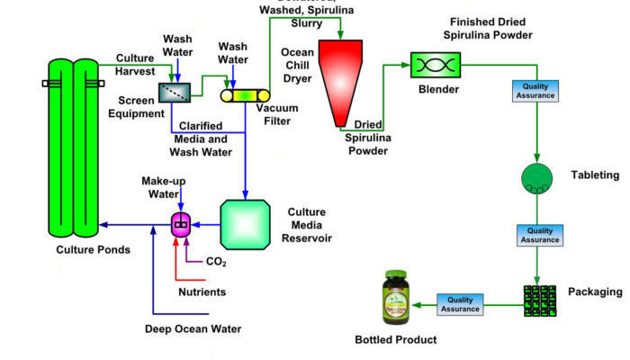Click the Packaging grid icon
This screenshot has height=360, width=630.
pyautogui.click(x=538, y=300)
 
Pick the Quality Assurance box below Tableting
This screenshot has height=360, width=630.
pyautogui.click(x=537, y=235)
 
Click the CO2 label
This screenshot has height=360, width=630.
pyautogui.click(x=217, y=263)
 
